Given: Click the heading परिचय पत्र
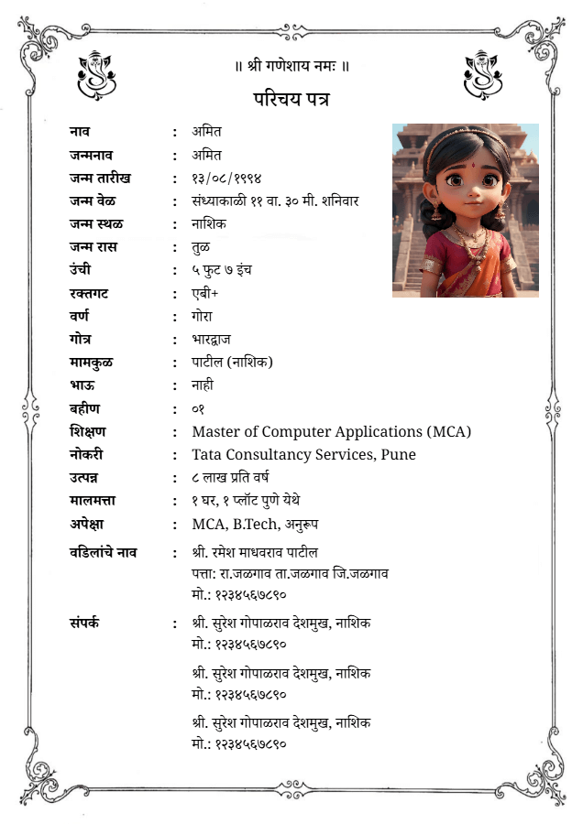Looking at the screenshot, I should [x=291, y=98].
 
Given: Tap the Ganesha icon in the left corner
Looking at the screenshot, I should [x=96, y=74].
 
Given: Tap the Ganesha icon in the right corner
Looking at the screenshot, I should [x=483, y=74].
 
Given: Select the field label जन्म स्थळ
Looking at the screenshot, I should [x=96, y=223].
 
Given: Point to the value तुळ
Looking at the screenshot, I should [x=201, y=247].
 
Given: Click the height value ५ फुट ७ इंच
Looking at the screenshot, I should [x=222, y=270].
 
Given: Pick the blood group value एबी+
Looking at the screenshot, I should [x=205, y=293].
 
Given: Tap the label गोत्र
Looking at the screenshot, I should [x=81, y=339].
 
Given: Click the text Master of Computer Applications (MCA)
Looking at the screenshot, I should [x=331, y=431].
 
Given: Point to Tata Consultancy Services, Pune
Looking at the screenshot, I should [x=303, y=454].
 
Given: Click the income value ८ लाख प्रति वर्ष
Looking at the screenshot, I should [x=230, y=477].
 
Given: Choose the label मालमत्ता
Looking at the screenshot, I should [x=92, y=500].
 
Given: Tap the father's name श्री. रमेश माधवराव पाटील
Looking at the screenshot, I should [x=255, y=552].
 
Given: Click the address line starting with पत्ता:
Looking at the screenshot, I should [x=290, y=573].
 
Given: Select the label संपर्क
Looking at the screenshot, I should [x=84, y=623].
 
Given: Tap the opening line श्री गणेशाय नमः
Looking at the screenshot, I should [x=291, y=66].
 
